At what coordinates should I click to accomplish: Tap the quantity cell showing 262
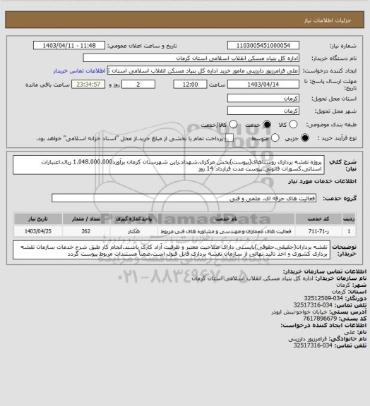85,230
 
